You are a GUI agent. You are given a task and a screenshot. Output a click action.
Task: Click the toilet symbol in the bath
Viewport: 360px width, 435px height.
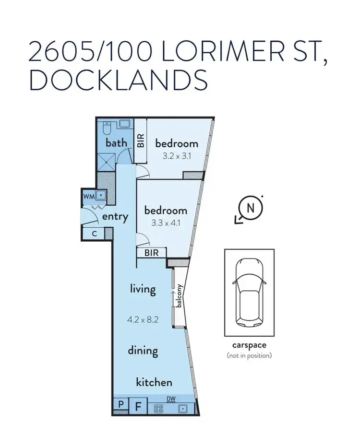(108, 128)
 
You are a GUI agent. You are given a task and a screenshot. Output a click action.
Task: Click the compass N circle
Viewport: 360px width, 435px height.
(250, 209)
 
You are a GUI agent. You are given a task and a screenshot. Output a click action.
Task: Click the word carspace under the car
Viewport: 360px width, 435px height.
(249, 345)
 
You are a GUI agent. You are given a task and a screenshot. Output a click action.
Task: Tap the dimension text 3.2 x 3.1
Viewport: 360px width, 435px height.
(176, 155)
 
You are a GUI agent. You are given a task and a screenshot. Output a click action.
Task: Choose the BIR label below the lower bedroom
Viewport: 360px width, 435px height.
(152, 253)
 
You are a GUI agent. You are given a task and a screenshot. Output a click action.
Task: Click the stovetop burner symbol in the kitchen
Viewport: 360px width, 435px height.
(159, 409)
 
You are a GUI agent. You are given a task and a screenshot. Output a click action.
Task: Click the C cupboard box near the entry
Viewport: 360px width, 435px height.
(95, 234)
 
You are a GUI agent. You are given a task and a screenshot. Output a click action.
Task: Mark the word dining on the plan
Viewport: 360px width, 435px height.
(143, 350)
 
